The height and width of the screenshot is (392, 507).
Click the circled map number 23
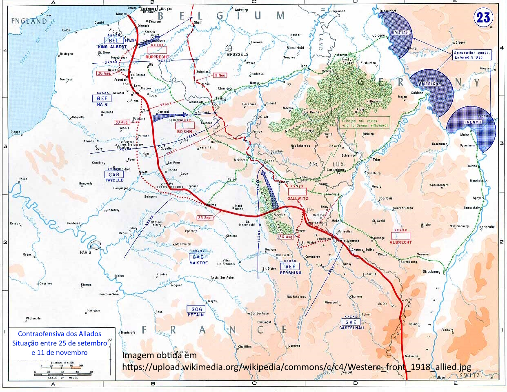pos(483,18)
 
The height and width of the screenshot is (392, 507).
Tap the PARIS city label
pos(86,252)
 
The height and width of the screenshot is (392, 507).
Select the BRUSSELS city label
pos(238,54)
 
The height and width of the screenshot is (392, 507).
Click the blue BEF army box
pos(102,99)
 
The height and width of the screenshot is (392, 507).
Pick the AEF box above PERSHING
pos(290,267)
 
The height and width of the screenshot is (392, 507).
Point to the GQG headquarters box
pos(196,309)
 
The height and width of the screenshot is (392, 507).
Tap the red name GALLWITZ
pos(298,198)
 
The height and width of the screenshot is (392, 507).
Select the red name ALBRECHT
pos(401,242)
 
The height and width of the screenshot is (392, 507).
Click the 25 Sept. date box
pos(205,218)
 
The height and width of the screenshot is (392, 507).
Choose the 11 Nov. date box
pos(220,75)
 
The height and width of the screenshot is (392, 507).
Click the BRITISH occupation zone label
pos(400,33)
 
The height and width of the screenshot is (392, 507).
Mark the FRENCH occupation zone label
pos(472,122)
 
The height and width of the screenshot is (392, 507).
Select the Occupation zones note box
pos(472,55)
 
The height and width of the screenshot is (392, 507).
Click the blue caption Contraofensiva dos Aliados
pos(60,334)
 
